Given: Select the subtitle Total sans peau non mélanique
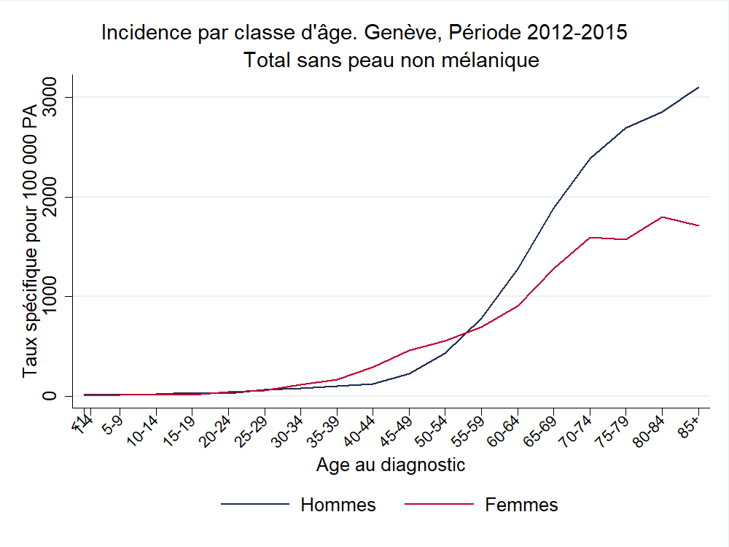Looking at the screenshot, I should click(391, 60).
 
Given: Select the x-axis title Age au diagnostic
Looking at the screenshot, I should click(391, 465).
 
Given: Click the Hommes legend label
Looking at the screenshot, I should click(338, 505).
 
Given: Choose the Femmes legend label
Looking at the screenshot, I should click(521, 505).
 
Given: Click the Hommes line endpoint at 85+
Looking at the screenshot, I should click(698, 88).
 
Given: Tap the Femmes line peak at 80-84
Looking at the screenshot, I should click(662, 217).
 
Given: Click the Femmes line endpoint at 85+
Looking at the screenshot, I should click(698, 225).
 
